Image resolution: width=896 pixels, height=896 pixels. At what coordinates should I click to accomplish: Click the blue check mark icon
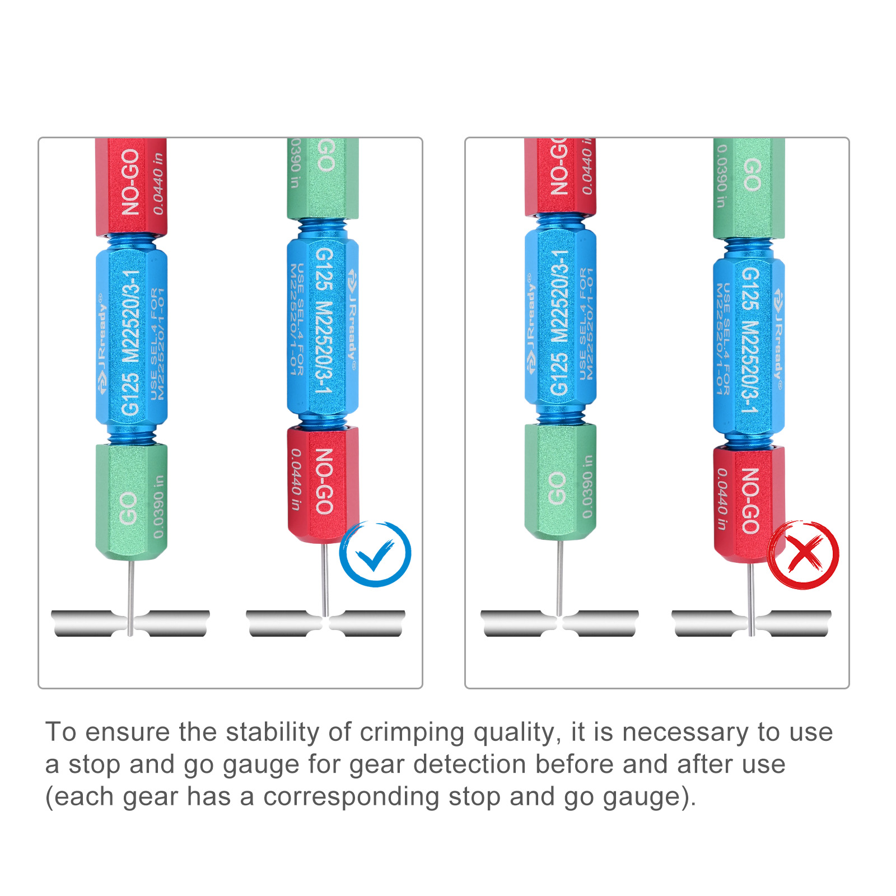pyautogui.click(x=375, y=554)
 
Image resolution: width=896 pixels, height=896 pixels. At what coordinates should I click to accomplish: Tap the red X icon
pyautogui.click(x=803, y=554)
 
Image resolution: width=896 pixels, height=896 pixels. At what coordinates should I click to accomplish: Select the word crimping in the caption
pyautogui.click(x=412, y=732)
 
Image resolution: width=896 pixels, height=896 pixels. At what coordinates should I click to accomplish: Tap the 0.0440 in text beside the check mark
pyautogui.click(x=296, y=479)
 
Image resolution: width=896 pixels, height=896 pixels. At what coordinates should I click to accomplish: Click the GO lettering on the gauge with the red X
pyautogui.click(x=752, y=174)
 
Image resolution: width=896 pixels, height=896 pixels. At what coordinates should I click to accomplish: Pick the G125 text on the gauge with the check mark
pyautogui.click(x=324, y=269)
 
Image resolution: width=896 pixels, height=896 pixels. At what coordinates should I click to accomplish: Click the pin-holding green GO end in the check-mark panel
pyautogui.click(x=131, y=501)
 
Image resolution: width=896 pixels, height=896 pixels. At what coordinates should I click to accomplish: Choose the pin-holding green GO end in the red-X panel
pyautogui.click(x=560, y=482)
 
